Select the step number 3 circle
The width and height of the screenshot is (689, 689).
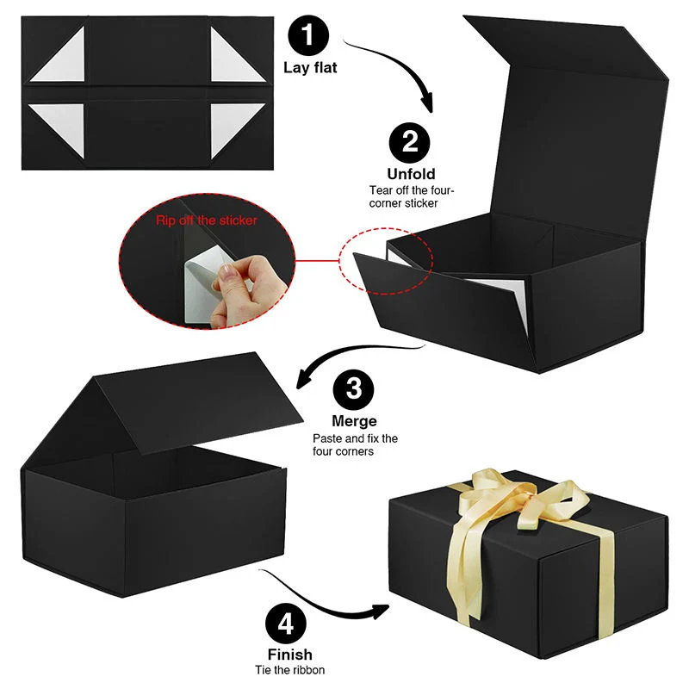pos(354,390)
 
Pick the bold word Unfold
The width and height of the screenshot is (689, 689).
pos(411,175)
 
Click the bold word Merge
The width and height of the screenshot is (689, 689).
pos(354,421)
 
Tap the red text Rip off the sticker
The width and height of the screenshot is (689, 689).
pos(207,220)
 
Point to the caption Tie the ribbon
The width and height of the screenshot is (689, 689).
pos(289,670)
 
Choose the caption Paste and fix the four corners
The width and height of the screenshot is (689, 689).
pos(355,444)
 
